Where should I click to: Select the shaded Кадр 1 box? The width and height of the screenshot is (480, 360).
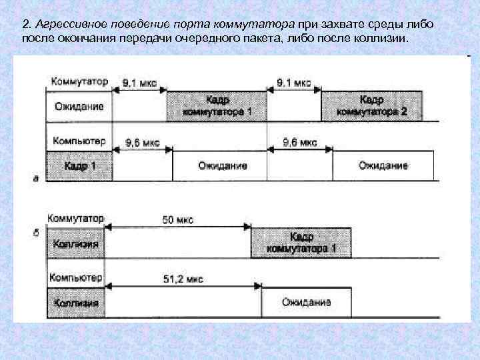[79, 165]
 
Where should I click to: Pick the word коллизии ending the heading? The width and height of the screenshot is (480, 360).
[382, 39]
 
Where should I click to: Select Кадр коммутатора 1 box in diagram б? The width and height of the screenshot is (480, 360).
[301, 243]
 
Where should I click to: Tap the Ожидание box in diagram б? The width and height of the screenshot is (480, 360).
[306, 303]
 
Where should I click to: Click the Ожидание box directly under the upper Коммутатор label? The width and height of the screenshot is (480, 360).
[79, 106]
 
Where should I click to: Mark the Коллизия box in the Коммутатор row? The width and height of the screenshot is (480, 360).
[77, 244]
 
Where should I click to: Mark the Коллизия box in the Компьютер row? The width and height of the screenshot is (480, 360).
[77, 303]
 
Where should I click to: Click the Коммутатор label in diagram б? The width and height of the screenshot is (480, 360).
[76, 218]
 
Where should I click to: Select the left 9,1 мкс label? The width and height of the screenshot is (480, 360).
[140, 83]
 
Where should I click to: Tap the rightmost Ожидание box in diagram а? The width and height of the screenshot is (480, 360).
[383, 165]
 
